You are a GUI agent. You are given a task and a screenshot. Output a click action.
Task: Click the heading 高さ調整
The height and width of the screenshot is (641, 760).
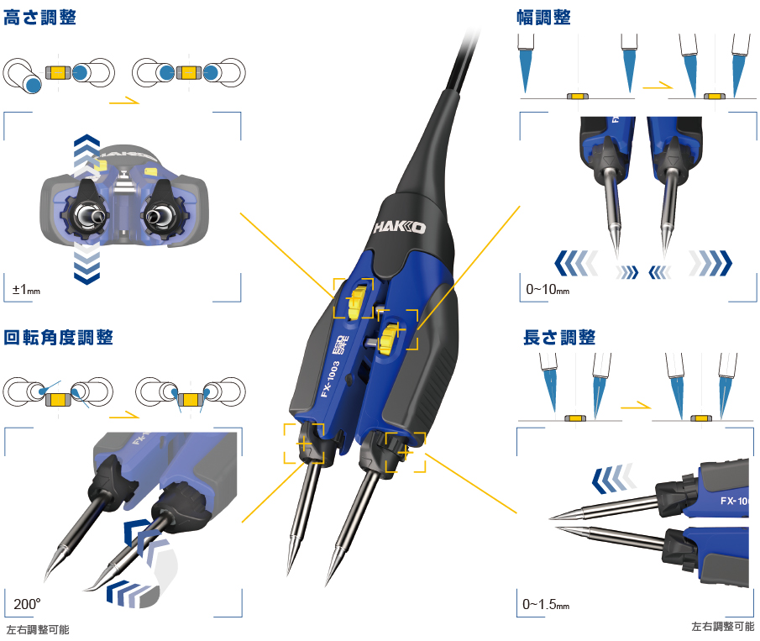coord(39,18)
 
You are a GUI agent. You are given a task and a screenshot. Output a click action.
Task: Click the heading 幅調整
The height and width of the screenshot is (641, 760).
coord(543,18)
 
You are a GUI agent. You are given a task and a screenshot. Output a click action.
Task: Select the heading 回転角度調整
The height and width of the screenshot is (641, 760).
coord(58,337)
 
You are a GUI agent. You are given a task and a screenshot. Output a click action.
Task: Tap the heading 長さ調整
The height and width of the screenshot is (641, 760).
coord(559,337)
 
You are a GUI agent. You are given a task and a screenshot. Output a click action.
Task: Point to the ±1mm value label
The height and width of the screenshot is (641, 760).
coord(26,290)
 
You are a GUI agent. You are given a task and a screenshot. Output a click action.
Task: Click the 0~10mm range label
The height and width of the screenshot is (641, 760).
coord(548,290)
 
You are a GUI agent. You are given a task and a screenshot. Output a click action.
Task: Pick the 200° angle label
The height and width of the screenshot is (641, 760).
coord(27,604)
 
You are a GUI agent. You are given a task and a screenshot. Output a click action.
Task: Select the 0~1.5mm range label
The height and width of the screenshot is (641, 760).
coord(546,605)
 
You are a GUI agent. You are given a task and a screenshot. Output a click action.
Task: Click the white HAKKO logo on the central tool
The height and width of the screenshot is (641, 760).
coord(400,227)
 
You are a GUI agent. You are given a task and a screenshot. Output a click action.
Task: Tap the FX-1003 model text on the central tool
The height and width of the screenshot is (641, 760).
coord(330,379)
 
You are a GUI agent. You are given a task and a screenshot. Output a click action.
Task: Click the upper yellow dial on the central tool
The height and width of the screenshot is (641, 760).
coord(357,302)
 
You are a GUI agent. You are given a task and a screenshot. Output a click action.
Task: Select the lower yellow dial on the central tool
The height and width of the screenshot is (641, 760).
coord(389,334)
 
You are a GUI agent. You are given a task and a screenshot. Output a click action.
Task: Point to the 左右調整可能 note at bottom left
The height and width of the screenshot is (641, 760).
coord(38,630)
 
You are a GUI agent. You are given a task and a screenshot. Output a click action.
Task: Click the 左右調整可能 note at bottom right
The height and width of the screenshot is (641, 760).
coord(723,627)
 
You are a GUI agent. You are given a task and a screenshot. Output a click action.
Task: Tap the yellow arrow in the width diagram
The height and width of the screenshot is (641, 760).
coord(658,86)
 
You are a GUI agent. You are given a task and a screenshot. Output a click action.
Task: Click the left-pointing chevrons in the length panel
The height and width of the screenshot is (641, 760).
coord(613,478)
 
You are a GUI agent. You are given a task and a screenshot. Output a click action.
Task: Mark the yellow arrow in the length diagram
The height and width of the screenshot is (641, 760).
coord(636,406)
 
